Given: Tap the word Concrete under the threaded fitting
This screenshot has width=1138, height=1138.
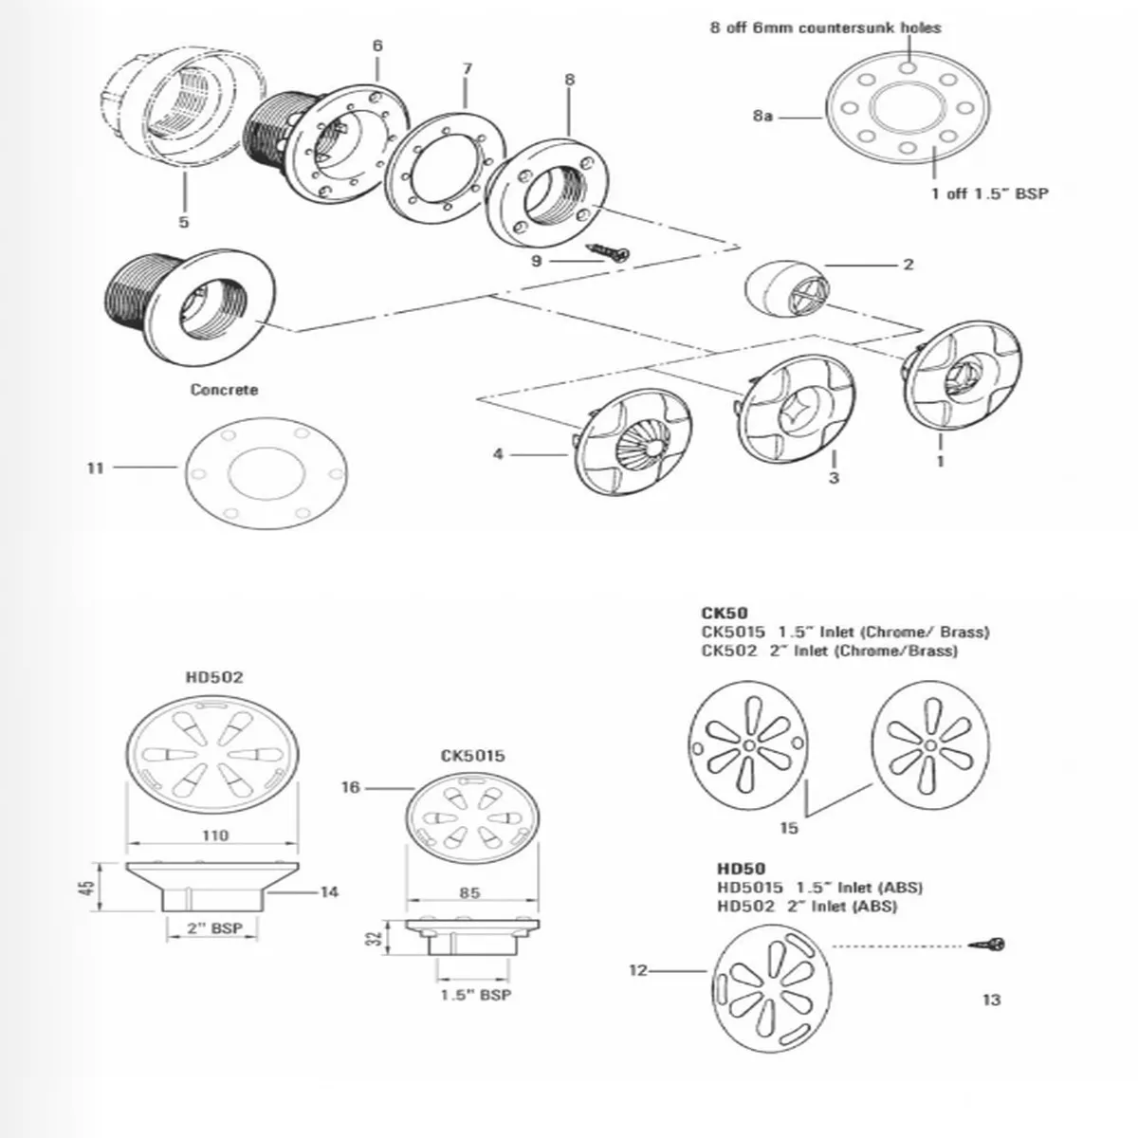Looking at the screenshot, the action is (x=224, y=390).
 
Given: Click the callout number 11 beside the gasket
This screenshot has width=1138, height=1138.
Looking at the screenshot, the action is (x=95, y=468).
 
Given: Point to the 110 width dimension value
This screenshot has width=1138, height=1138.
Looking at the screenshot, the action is (x=215, y=835).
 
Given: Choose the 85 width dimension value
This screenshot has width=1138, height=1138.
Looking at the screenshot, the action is (x=470, y=892).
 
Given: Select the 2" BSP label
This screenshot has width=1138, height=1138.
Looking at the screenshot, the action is (x=215, y=927).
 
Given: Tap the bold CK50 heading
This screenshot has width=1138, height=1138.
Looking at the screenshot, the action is (x=725, y=613).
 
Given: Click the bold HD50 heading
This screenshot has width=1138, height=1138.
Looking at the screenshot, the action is (x=742, y=868).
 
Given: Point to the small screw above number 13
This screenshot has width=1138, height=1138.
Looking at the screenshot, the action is (x=987, y=945).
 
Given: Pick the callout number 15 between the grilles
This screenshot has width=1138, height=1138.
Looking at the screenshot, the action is (x=789, y=828).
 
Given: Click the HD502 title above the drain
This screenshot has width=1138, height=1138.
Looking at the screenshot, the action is (x=214, y=677).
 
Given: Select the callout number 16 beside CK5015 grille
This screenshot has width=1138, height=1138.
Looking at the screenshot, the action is (x=351, y=787).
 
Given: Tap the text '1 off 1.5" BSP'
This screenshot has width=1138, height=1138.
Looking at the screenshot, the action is (x=990, y=193).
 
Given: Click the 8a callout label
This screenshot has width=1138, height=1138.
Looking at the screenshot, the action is (x=762, y=116).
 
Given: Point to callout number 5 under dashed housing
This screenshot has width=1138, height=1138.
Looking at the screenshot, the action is (x=184, y=222).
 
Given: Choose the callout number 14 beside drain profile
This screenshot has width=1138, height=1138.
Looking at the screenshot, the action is (x=329, y=891).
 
